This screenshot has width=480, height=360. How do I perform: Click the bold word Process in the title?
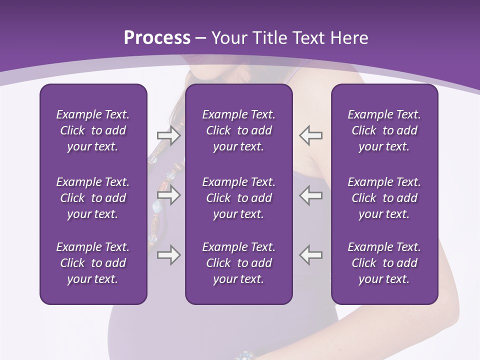pyautogui.click(x=157, y=38)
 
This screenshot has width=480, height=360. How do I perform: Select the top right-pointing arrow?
pyautogui.click(x=168, y=135)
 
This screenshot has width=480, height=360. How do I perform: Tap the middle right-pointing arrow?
pyautogui.click(x=168, y=195)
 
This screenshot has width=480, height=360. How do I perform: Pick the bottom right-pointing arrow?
pyautogui.click(x=168, y=255)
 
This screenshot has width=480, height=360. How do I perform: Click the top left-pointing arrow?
pyautogui.click(x=310, y=135)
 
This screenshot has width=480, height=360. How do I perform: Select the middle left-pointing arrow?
pyautogui.click(x=310, y=195)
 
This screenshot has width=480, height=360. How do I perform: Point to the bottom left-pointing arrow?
pyautogui.click(x=310, y=255)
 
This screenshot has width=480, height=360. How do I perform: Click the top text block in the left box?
pyautogui.click(x=93, y=130)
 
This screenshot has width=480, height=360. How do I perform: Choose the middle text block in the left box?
pyautogui.click(x=93, y=198)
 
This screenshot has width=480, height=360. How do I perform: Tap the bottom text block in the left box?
pyautogui.click(x=93, y=263)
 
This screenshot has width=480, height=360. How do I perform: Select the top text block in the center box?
pyautogui.click(x=238, y=130)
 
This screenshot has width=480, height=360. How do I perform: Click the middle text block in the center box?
pyautogui.click(x=238, y=198)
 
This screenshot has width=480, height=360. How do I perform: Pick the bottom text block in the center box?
pyautogui.click(x=238, y=263)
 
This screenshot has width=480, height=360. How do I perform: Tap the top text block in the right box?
pyautogui.click(x=384, y=130)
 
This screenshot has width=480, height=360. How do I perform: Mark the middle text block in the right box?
pyautogui.click(x=384, y=198)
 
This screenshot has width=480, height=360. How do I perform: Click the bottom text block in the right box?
pyautogui.click(x=384, y=263)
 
